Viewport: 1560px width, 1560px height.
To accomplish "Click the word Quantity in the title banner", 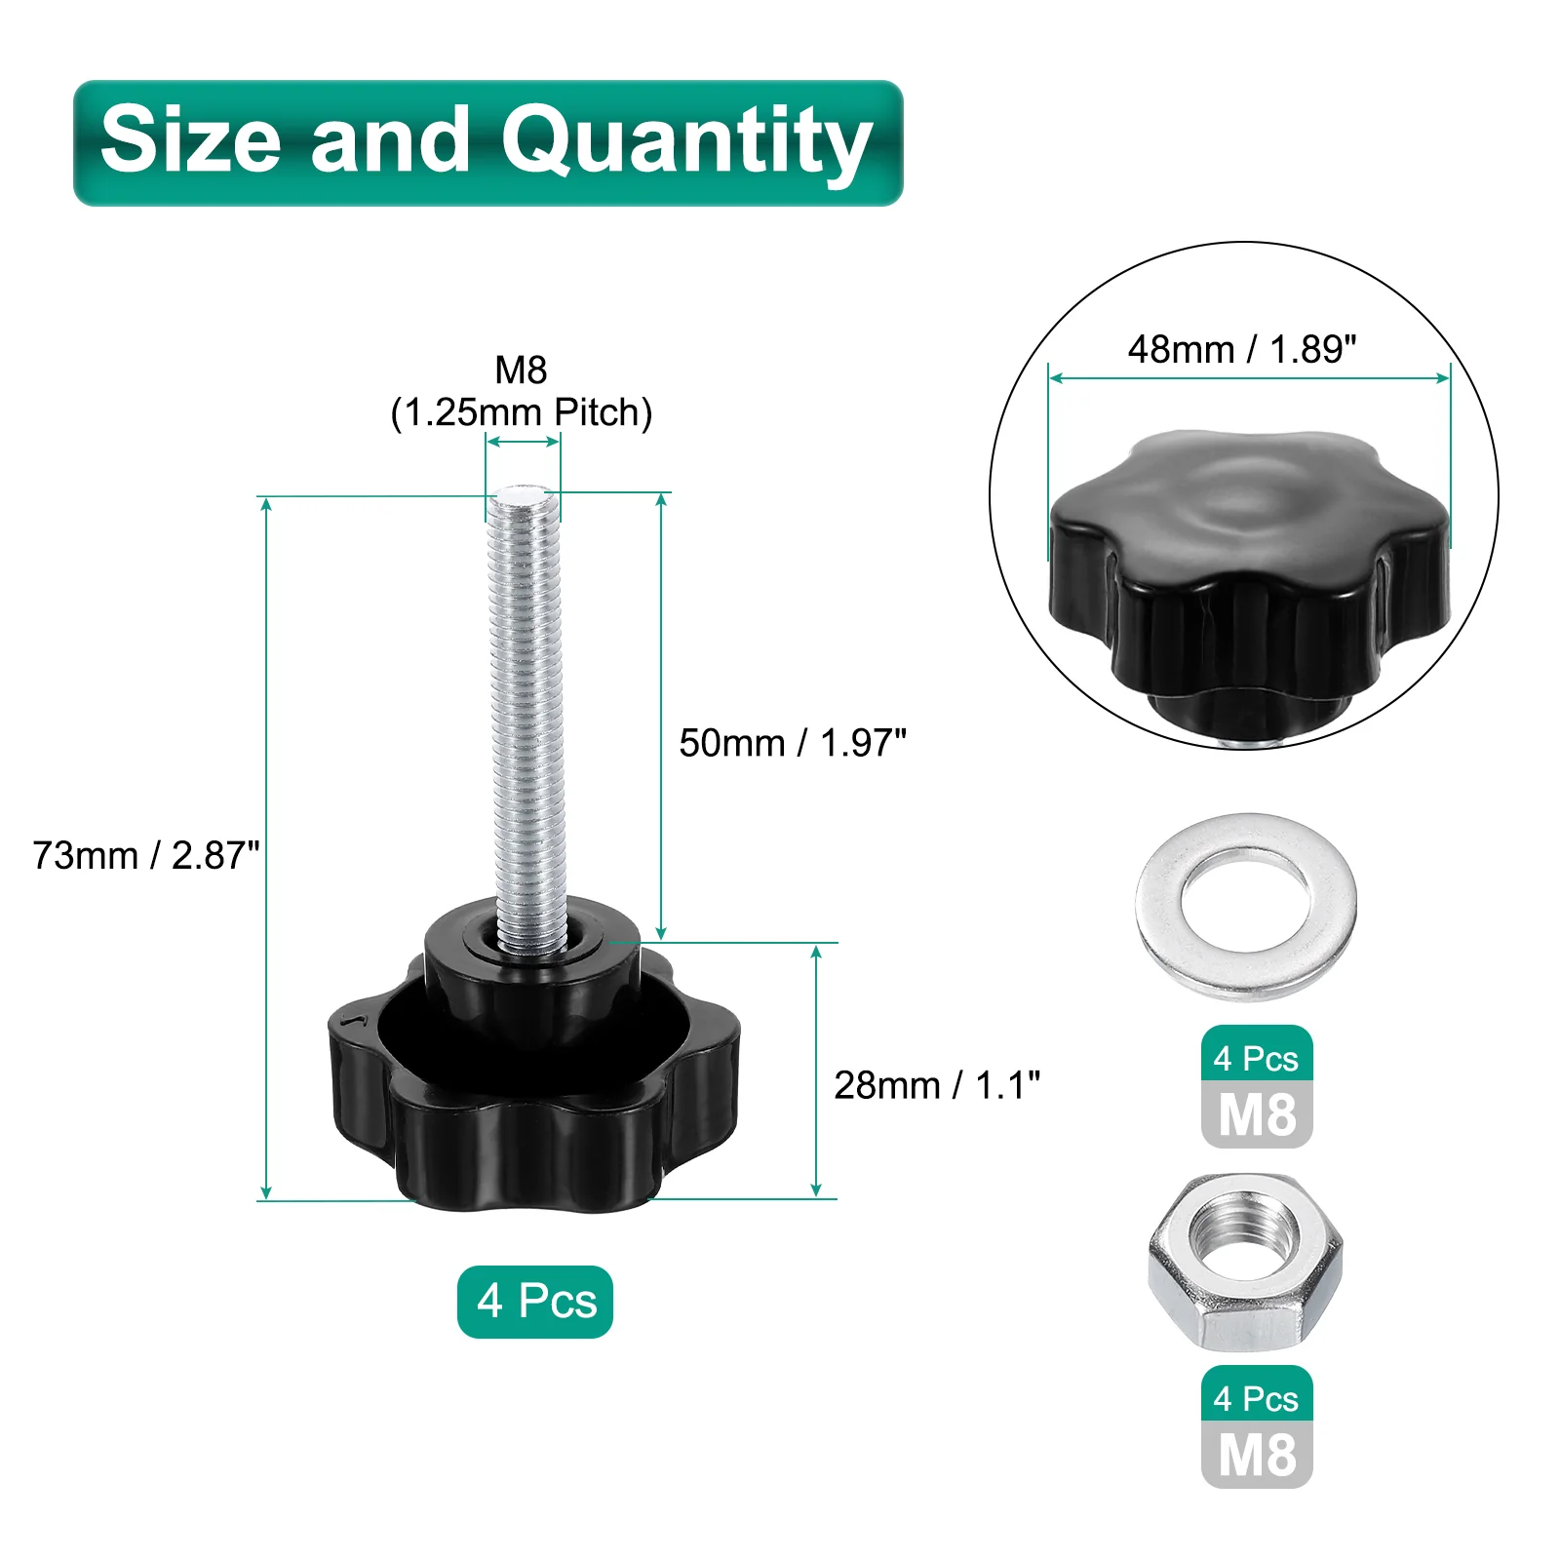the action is pyautogui.click(x=686, y=142).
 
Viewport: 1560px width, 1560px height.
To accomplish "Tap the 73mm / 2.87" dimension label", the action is pyautogui.click(x=146, y=856).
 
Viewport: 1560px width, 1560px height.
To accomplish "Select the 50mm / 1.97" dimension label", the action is pyautogui.click(x=793, y=743).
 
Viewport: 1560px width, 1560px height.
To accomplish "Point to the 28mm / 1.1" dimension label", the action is pyautogui.click(x=937, y=1085).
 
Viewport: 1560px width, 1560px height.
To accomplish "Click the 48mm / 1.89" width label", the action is pyautogui.click(x=1242, y=349).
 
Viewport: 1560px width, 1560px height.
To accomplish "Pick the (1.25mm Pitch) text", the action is pyautogui.click(x=522, y=412).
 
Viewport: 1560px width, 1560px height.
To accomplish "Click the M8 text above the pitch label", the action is pyautogui.click(x=522, y=370).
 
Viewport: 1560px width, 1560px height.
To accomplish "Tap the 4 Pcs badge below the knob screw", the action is pyautogui.click(x=535, y=1302).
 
